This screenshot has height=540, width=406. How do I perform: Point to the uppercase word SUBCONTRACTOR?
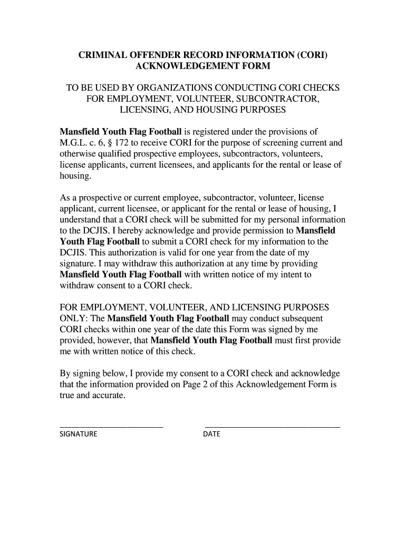[287, 99]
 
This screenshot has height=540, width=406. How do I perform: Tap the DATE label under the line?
[212, 435]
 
